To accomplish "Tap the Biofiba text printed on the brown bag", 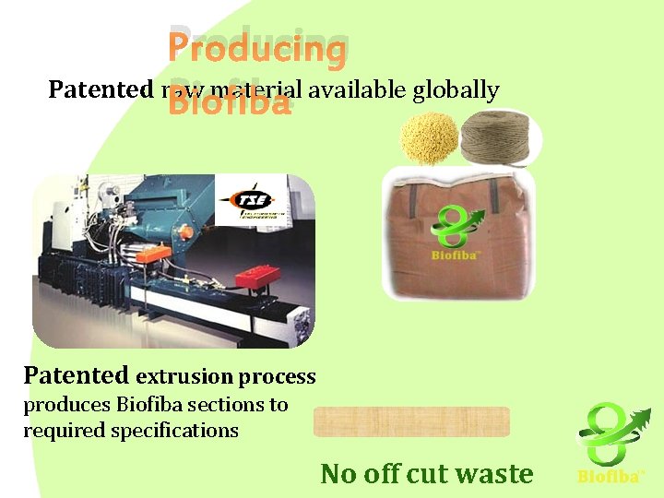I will pyautogui.click(x=455, y=255).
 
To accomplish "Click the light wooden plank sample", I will pyautogui.click(x=411, y=421).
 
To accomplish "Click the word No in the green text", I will pyautogui.click(x=338, y=474).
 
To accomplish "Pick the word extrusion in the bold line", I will pyautogui.click(x=184, y=377).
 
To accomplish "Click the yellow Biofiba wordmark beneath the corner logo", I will pyautogui.click(x=609, y=477).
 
